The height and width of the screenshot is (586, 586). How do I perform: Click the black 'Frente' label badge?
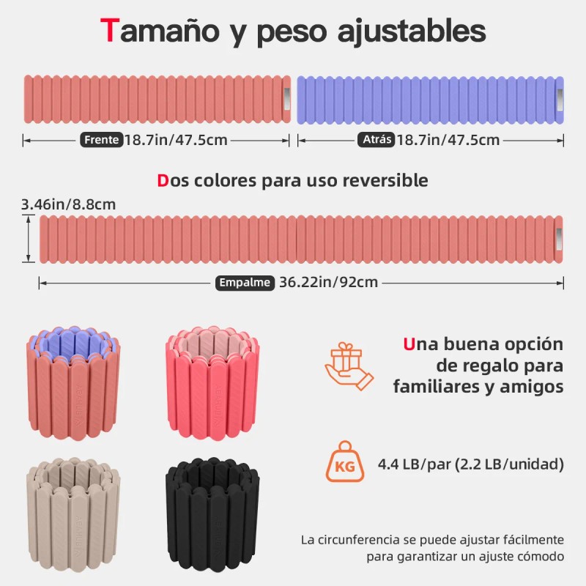click(101, 140)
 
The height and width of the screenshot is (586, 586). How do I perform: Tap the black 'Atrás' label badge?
click(377, 139)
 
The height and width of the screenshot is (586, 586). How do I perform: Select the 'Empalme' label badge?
click(245, 283)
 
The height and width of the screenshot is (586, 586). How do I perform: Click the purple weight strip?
click(430, 100)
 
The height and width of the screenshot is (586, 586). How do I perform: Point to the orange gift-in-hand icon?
click(349, 366)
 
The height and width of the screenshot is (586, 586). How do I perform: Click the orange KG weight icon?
click(344, 461)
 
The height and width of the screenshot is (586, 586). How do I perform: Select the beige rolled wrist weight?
click(73, 514)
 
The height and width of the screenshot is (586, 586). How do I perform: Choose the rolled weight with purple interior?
click(73, 383)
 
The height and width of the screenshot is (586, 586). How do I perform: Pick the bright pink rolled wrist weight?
click(212, 383)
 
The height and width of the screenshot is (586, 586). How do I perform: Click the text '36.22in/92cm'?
click(328, 282)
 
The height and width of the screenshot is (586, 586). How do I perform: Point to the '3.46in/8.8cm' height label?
click(68, 204)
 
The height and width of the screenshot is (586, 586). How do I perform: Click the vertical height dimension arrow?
click(29, 239)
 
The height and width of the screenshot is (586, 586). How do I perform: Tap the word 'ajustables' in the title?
click(412, 31)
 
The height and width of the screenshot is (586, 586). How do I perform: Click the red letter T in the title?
click(109, 30)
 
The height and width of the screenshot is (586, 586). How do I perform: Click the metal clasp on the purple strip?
click(560, 100)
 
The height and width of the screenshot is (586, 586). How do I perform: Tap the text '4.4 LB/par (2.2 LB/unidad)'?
click(470, 464)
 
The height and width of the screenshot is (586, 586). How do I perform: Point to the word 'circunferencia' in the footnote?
click(360, 540)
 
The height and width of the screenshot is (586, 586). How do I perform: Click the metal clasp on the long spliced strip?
click(559, 240)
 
